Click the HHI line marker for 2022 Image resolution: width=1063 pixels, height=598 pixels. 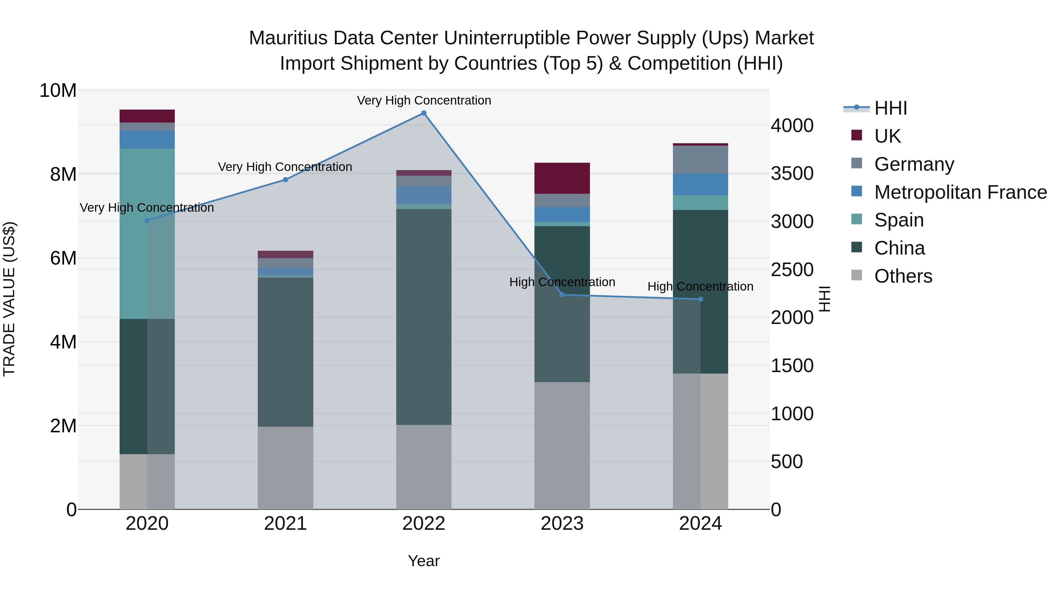(x=423, y=113)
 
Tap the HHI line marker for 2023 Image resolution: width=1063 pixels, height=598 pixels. (x=562, y=295)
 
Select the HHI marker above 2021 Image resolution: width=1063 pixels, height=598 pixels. (x=285, y=180)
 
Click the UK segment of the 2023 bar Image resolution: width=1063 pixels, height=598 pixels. (x=562, y=178)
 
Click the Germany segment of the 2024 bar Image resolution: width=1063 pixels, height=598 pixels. (x=700, y=160)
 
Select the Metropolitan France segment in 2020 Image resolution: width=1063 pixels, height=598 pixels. (x=147, y=139)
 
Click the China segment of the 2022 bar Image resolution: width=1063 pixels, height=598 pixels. (x=423, y=317)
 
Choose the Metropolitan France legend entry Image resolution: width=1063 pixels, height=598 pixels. (x=960, y=192)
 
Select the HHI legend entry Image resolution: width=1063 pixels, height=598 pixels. (x=891, y=108)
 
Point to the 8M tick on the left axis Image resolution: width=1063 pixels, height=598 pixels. (x=63, y=174)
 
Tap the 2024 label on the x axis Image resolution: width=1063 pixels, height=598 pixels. (x=700, y=524)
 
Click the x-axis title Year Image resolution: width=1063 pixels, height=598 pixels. (x=423, y=561)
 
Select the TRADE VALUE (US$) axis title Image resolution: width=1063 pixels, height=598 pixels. (x=9, y=299)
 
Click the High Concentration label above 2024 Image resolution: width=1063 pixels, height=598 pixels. (x=700, y=286)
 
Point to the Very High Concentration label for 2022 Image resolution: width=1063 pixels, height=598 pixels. (x=424, y=100)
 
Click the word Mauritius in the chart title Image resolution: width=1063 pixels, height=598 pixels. (x=288, y=38)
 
